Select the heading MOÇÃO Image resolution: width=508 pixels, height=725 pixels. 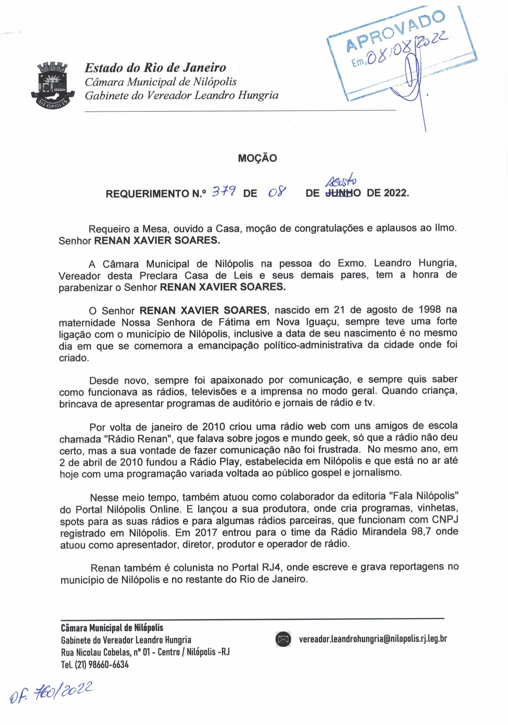257,158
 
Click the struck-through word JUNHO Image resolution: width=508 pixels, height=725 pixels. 339,193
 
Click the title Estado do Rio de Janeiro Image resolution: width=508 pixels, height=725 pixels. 155,68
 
